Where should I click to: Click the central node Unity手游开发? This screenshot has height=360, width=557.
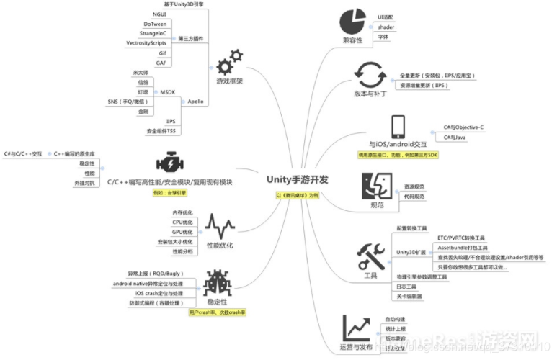click(x=298, y=179)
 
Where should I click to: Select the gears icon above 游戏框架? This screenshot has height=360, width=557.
click(x=229, y=62)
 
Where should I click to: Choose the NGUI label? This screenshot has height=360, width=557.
click(x=159, y=14)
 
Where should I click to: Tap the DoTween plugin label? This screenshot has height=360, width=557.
click(x=155, y=24)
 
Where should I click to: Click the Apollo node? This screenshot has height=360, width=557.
click(x=195, y=102)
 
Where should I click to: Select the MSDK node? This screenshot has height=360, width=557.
click(x=167, y=92)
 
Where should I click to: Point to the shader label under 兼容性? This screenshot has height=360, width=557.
click(x=386, y=27)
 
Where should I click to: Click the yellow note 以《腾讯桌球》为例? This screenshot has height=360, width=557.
click(x=298, y=195)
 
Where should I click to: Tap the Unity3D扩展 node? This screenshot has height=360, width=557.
click(x=412, y=252)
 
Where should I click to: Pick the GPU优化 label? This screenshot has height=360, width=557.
click(x=182, y=232)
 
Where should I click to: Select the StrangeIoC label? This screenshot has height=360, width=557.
click(x=150, y=33)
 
